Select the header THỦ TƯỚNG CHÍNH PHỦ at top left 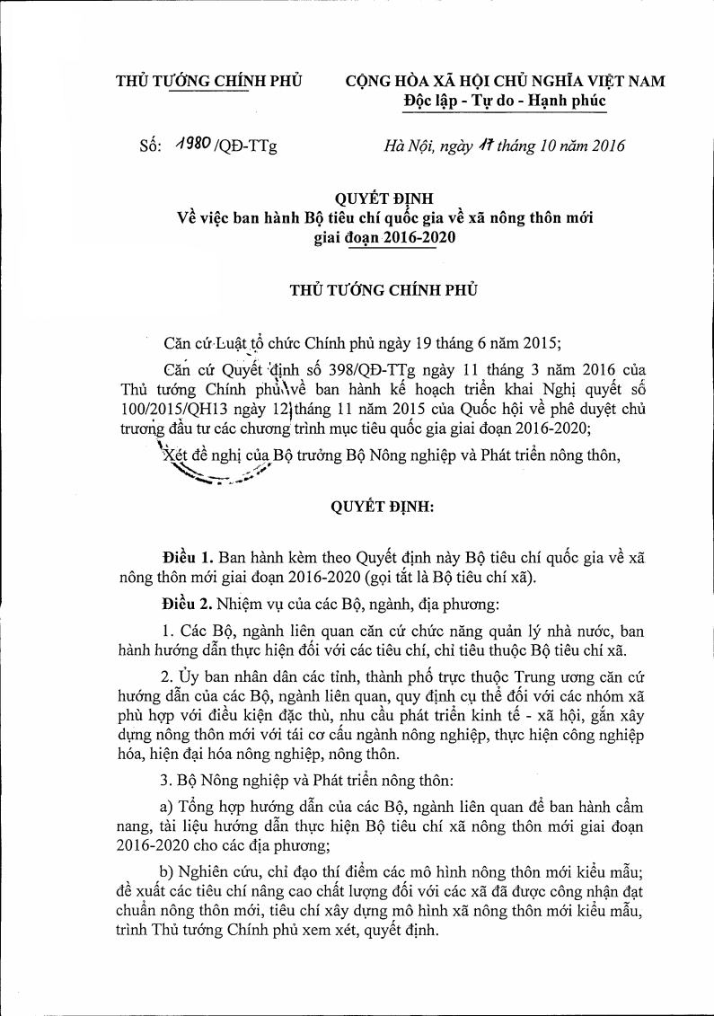coord(209,81)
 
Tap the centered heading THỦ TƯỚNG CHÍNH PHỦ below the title coord(384,290)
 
